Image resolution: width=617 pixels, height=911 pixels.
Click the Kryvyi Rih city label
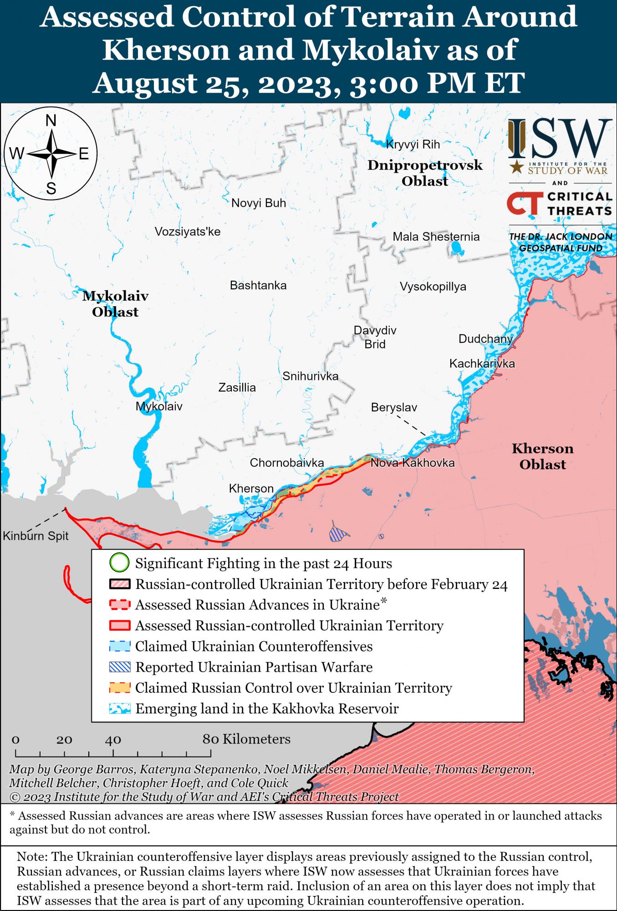coord(413,144)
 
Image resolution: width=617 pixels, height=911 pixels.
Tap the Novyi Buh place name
coord(259,203)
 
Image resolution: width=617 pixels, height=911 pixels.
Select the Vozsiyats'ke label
coord(188,231)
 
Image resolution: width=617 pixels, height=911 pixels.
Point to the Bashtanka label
coord(258,286)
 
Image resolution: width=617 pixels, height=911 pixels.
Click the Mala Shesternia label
coord(436,236)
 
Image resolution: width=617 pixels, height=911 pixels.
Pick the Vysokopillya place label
coord(433,287)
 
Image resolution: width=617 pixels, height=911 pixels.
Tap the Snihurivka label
coord(310,376)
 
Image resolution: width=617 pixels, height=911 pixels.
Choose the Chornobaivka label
coord(287,463)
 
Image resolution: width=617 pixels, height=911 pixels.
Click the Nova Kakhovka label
coord(413,463)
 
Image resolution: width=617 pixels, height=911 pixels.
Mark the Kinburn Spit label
coord(36,536)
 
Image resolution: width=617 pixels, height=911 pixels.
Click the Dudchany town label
coord(485,338)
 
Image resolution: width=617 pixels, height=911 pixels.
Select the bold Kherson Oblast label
coord(542,456)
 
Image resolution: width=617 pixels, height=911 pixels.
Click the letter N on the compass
coord(51,121)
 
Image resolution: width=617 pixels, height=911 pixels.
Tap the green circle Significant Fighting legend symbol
coord(120,563)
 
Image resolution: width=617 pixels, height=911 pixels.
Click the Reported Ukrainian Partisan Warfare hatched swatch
coord(120,667)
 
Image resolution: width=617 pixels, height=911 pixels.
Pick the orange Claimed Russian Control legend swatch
coord(120,688)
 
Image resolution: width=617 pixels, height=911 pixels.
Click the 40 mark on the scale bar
coord(113,739)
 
